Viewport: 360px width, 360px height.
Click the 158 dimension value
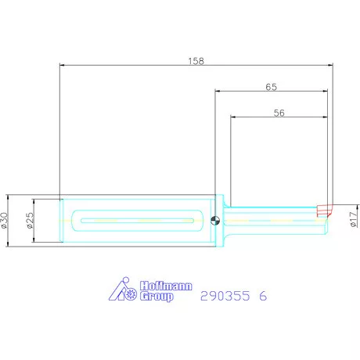point(196,59)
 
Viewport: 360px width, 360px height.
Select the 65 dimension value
point(272,87)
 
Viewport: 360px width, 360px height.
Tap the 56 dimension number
point(279,113)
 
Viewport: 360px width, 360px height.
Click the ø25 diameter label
point(30,221)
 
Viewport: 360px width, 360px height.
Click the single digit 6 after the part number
point(263,297)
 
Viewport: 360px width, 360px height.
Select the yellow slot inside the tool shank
point(137,221)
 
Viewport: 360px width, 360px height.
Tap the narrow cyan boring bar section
point(274,221)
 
